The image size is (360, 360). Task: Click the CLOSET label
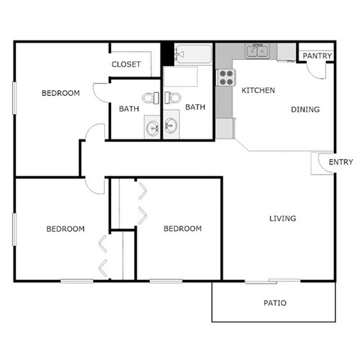tap(126, 64)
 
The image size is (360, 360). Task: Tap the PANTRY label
tap(317, 55)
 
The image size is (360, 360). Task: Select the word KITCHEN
tap(258, 91)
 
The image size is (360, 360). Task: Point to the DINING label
tap(305, 109)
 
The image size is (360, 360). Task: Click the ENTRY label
tap(340, 163)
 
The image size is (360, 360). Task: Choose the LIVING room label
tap(283, 219)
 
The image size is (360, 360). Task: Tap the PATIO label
tap(274, 304)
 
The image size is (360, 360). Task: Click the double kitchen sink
tap(259, 51)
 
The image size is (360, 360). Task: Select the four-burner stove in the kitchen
tap(226, 76)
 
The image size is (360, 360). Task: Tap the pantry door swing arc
tap(318, 69)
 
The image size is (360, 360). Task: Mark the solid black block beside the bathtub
tap(166, 54)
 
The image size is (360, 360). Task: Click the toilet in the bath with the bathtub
tap(172, 97)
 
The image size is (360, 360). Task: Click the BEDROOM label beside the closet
tap(61, 93)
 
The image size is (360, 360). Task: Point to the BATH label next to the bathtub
tap(195, 107)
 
